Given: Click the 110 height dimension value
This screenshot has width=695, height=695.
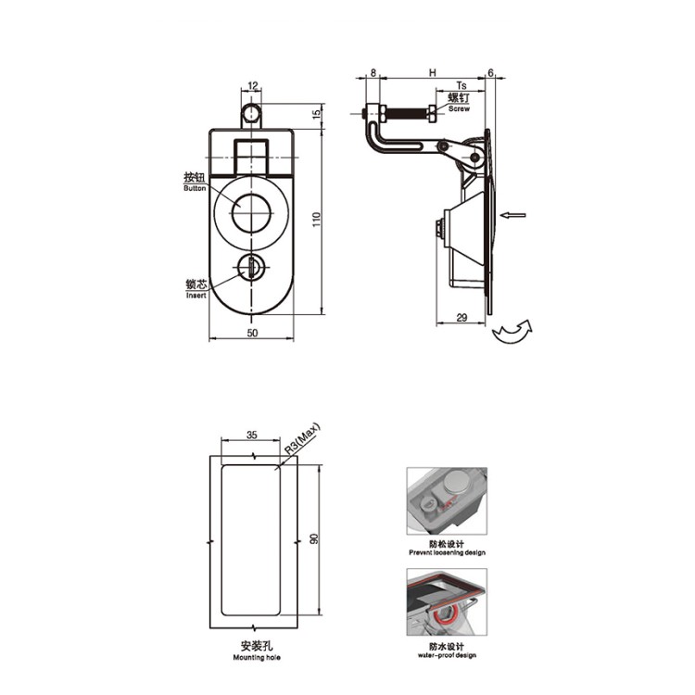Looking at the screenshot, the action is pyautogui.click(x=316, y=220).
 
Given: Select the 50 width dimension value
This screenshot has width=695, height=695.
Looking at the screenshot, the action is pyautogui.click(x=252, y=333).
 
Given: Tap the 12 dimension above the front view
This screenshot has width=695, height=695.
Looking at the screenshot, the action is pyautogui.click(x=253, y=85).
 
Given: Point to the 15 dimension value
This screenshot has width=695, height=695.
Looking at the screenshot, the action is pyautogui.click(x=317, y=114).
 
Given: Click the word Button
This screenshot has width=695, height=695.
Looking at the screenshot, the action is pyautogui.click(x=195, y=188).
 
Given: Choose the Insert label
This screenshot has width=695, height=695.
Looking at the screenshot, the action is pyautogui.click(x=196, y=296).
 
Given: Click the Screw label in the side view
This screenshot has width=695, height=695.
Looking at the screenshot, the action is pyautogui.click(x=459, y=108).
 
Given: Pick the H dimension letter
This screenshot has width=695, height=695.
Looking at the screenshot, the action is pyautogui.click(x=433, y=72).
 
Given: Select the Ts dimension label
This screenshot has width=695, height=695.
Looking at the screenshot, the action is pyautogui.click(x=461, y=85).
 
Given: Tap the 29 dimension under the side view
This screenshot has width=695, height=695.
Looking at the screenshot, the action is pyautogui.click(x=461, y=317).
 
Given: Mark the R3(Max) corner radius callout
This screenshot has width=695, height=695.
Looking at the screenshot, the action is pyautogui.click(x=302, y=439).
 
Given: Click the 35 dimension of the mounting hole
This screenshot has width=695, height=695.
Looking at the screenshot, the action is pyautogui.click(x=251, y=436).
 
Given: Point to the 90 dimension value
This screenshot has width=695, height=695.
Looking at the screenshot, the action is pyautogui.click(x=314, y=539).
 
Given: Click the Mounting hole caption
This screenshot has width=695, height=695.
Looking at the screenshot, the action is pyautogui.click(x=257, y=657).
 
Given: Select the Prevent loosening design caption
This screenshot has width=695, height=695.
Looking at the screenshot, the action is pyautogui.click(x=447, y=552).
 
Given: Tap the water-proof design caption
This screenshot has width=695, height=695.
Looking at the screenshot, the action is pyautogui.click(x=447, y=655).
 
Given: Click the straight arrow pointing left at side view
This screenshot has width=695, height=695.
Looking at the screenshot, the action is pyautogui.click(x=512, y=215).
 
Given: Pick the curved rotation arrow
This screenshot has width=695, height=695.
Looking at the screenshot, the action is pyautogui.click(x=512, y=331).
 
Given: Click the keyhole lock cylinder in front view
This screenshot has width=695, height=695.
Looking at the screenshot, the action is pyautogui.click(x=251, y=267).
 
